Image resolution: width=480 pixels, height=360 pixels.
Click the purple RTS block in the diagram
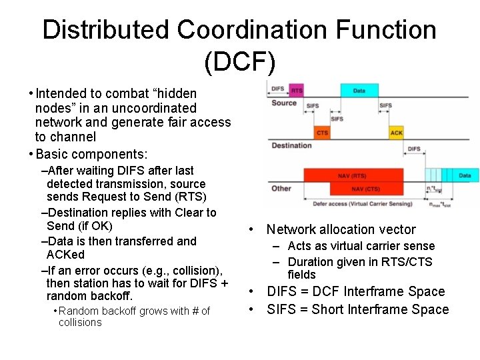tap(297, 90)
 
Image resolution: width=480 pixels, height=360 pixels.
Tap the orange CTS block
tap(322, 133)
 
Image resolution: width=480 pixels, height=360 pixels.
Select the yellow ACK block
tap(396, 133)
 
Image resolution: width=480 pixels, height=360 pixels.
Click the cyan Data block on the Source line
tap(359, 90)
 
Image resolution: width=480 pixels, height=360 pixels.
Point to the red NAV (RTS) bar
tap(353, 175)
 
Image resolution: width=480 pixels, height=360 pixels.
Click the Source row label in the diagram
tap(284, 103)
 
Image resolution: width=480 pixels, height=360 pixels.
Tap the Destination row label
tap(291, 145)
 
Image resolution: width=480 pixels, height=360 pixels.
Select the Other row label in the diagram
tap(281, 188)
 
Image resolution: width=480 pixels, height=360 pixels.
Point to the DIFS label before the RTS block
tap(278, 89)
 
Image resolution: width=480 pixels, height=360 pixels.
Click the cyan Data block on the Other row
tap(465, 175)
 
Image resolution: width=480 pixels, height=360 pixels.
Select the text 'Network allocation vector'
tap(341, 229)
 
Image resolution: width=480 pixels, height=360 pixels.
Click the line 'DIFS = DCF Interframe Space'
tap(355, 291)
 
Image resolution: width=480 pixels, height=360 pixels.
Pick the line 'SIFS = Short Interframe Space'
tap(358, 309)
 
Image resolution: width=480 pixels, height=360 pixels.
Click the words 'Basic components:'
tap(91, 154)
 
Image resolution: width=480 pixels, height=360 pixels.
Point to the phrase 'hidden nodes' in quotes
tap(133, 100)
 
